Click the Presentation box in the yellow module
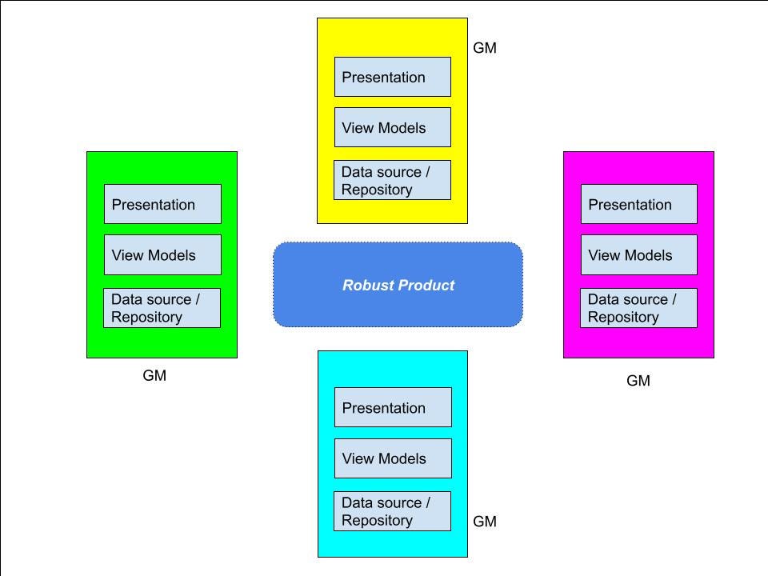(x=392, y=77)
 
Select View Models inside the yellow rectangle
(x=392, y=127)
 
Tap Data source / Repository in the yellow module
(x=392, y=180)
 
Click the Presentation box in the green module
(x=162, y=204)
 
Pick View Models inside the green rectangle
(x=162, y=254)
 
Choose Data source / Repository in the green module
(x=162, y=308)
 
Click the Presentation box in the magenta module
(x=638, y=204)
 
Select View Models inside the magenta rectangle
(x=638, y=254)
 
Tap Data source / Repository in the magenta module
(x=638, y=308)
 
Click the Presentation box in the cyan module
(x=393, y=407)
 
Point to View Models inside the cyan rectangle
(x=393, y=458)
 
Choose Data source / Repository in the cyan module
(x=392, y=511)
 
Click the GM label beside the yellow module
(x=485, y=48)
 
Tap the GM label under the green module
(x=154, y=375)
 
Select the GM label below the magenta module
(x=638, y=381)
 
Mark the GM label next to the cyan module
(x=485, y=522)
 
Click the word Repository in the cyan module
(x=377, y=520)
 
